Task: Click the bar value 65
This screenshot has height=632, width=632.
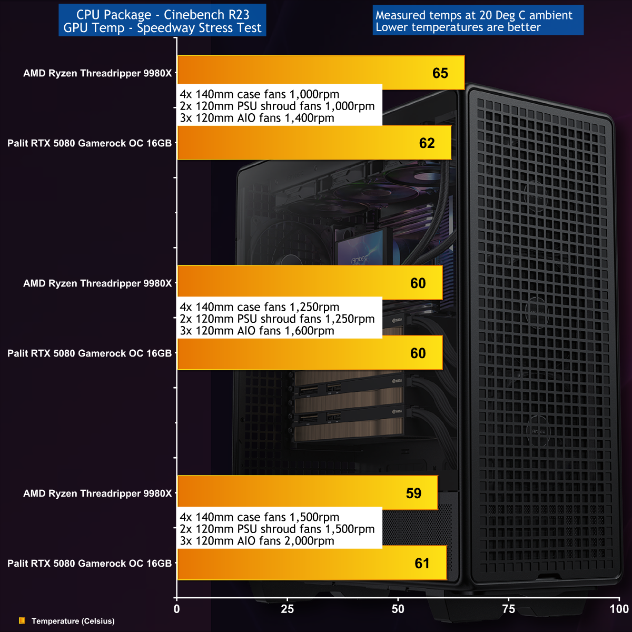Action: [440, 73]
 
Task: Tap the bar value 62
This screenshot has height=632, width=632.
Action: [427, 143]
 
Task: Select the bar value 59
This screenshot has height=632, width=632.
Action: [413, 493]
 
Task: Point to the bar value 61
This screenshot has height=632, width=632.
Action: [422, 564]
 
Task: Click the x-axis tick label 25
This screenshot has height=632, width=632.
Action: [288, 609]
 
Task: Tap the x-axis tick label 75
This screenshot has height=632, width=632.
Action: [509, 609]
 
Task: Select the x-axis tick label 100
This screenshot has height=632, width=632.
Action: [619, 609]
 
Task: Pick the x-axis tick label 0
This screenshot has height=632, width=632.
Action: [176, 609]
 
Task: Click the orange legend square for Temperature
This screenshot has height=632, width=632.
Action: [22, 621]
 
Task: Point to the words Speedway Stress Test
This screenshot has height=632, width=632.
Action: [199, 28]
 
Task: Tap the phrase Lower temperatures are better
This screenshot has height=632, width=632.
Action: [458, 27]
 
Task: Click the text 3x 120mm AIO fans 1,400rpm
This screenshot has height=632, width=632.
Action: [257, 118]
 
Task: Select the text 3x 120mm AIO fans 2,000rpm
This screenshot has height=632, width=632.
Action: [257, 541]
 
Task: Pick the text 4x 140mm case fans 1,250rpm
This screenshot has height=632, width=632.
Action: [260, 307]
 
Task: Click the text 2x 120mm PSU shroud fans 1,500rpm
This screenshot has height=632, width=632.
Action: [277, 529]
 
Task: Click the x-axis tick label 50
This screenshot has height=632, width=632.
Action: [398, 609]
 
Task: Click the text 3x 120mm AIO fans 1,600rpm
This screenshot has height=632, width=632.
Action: [257, 331]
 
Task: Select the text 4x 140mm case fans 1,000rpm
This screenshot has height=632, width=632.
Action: [260, 94]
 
